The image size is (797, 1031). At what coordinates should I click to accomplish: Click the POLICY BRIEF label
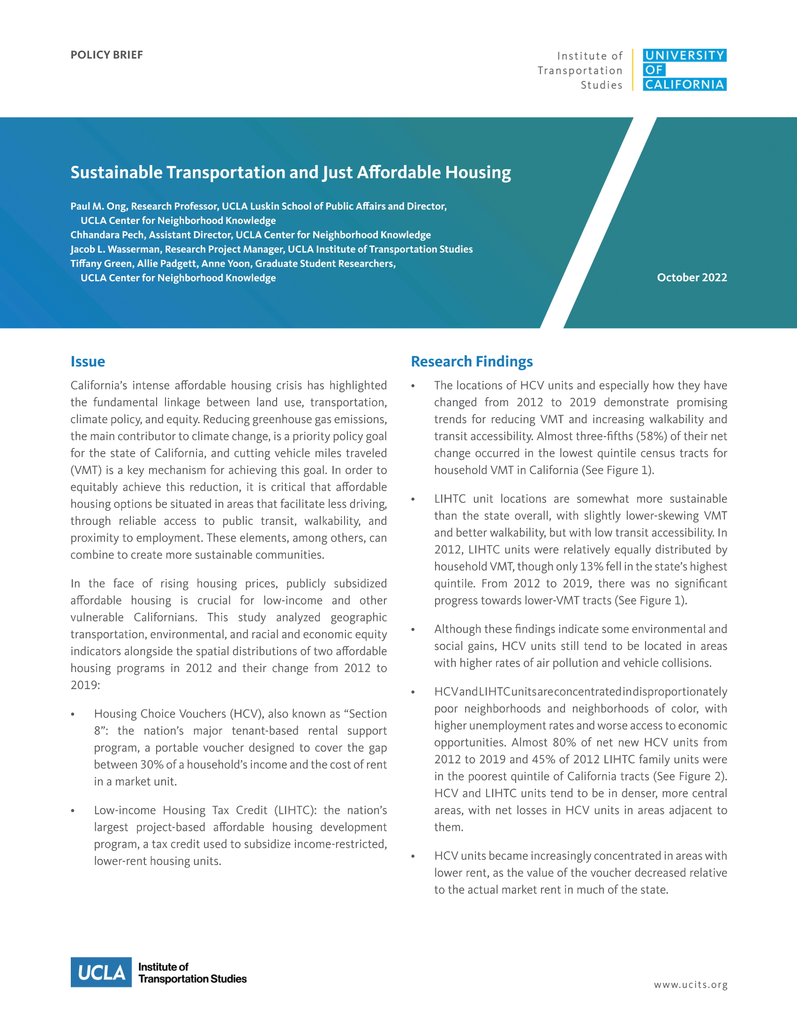point(106,55)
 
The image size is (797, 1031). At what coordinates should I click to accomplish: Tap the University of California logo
point(684,70)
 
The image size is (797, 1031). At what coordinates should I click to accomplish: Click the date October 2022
point(692,277)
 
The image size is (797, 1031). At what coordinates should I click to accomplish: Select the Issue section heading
point(88,362)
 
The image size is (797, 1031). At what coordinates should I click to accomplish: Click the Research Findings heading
point(472,362)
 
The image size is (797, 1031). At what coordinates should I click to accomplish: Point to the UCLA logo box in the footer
point(101,972)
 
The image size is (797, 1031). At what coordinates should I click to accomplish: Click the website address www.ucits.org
point(690,985)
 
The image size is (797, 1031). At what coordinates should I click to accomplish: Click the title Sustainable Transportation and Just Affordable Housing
point(290,173)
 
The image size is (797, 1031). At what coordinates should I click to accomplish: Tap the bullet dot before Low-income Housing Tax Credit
point(73,811)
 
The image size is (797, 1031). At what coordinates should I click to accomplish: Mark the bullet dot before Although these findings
point(413,630)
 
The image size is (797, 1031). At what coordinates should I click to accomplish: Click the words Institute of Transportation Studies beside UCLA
point(192,973)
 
